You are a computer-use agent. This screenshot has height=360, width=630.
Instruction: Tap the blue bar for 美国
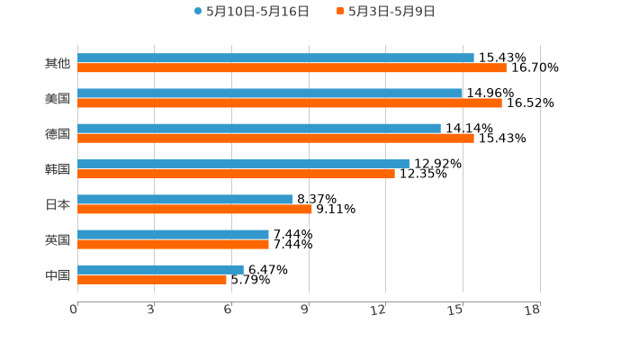tap(270, 94)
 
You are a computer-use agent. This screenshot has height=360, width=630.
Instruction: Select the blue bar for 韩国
tap(243, 164)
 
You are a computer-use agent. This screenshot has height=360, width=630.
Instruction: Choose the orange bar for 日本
tap(194, 209)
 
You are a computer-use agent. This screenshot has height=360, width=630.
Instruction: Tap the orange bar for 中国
tap(152, 279)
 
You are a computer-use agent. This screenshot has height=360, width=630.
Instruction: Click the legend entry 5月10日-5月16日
tap(251, 12)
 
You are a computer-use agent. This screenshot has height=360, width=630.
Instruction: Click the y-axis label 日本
tap(58, 204)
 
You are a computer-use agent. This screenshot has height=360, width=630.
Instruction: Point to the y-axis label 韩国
tap(58, 169)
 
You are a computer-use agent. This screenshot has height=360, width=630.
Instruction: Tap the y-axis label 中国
tap(58, 274)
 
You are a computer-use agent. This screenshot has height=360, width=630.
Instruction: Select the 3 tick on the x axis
tap(151, 310)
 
